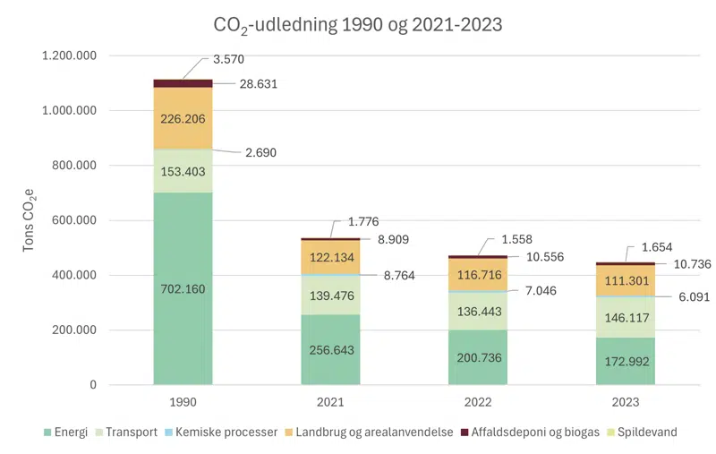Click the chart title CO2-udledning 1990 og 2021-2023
coord(358,25)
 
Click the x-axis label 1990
coord(183,403)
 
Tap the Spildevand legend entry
coord(642,432)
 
